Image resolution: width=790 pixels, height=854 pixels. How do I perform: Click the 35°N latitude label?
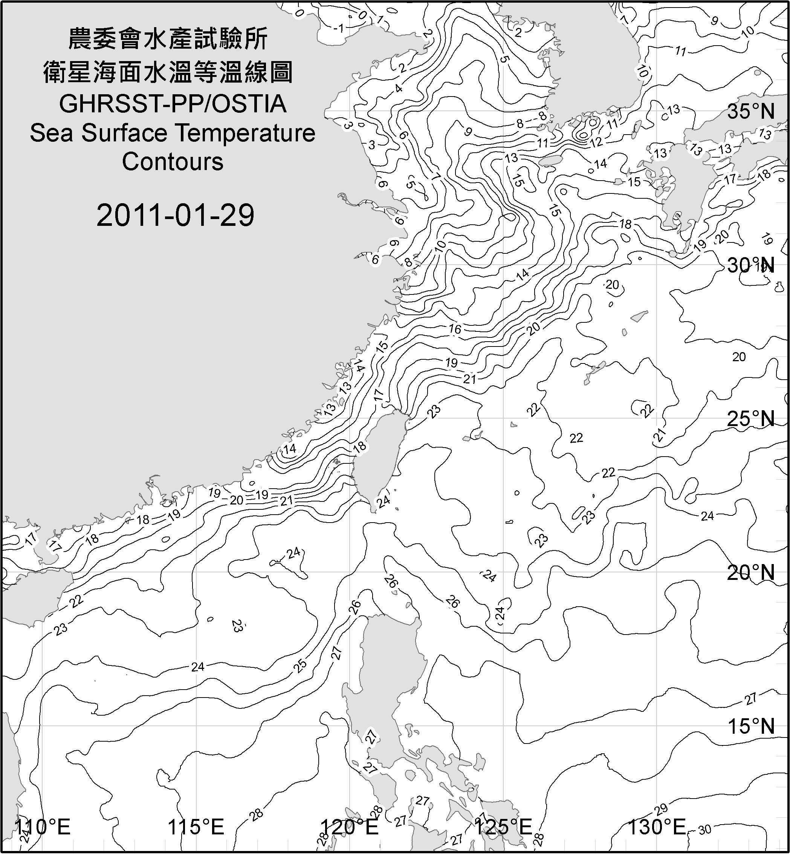coord(751,112)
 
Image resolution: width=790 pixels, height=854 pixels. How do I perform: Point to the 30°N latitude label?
coord(751,266)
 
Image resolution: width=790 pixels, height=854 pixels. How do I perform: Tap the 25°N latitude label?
coord(751,419)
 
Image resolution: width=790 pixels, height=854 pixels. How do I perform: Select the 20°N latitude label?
coord(751,572)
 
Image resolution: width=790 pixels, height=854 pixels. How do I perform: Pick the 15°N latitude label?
coord(751,726)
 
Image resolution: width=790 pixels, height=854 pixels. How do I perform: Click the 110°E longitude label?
coord(43,826)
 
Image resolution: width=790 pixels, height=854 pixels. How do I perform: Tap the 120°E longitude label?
coord(350,826)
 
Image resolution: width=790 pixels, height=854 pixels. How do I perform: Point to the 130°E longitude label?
coord(656,826)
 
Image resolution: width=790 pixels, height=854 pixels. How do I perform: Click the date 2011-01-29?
coord(175,215)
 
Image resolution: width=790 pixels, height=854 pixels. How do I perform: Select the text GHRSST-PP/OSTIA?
coord(173,104)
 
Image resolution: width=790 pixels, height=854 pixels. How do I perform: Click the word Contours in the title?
coord(173,162)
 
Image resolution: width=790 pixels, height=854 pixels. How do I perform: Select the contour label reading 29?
coord(661,809)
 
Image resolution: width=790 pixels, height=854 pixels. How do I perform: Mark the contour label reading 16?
coord(455,329)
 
